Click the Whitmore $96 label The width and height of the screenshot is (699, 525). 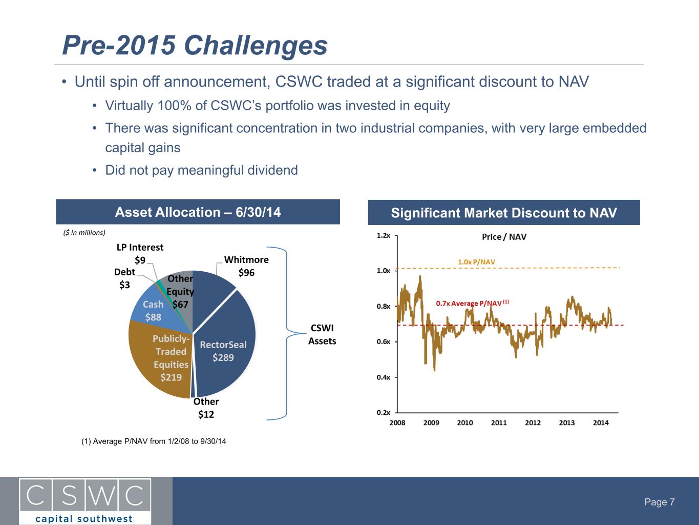246,266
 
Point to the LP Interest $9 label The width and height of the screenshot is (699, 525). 140,253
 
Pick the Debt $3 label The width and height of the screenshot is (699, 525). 124,278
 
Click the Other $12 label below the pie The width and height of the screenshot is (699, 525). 206,408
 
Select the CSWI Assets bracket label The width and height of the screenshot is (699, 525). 322,334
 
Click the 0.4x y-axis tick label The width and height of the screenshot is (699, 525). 384,377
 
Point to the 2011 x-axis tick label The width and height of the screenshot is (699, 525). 499,422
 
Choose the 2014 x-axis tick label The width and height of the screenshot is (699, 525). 601,422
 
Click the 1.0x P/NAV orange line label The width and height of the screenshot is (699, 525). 476,262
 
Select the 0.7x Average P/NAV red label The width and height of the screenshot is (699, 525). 472,303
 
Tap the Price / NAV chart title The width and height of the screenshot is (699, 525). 504,237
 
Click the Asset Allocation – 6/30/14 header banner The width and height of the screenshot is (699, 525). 198,212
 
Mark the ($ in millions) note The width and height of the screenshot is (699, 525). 84,233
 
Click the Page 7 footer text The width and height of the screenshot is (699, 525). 660,502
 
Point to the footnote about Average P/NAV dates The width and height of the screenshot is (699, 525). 154,441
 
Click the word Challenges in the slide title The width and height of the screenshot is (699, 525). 256,45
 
